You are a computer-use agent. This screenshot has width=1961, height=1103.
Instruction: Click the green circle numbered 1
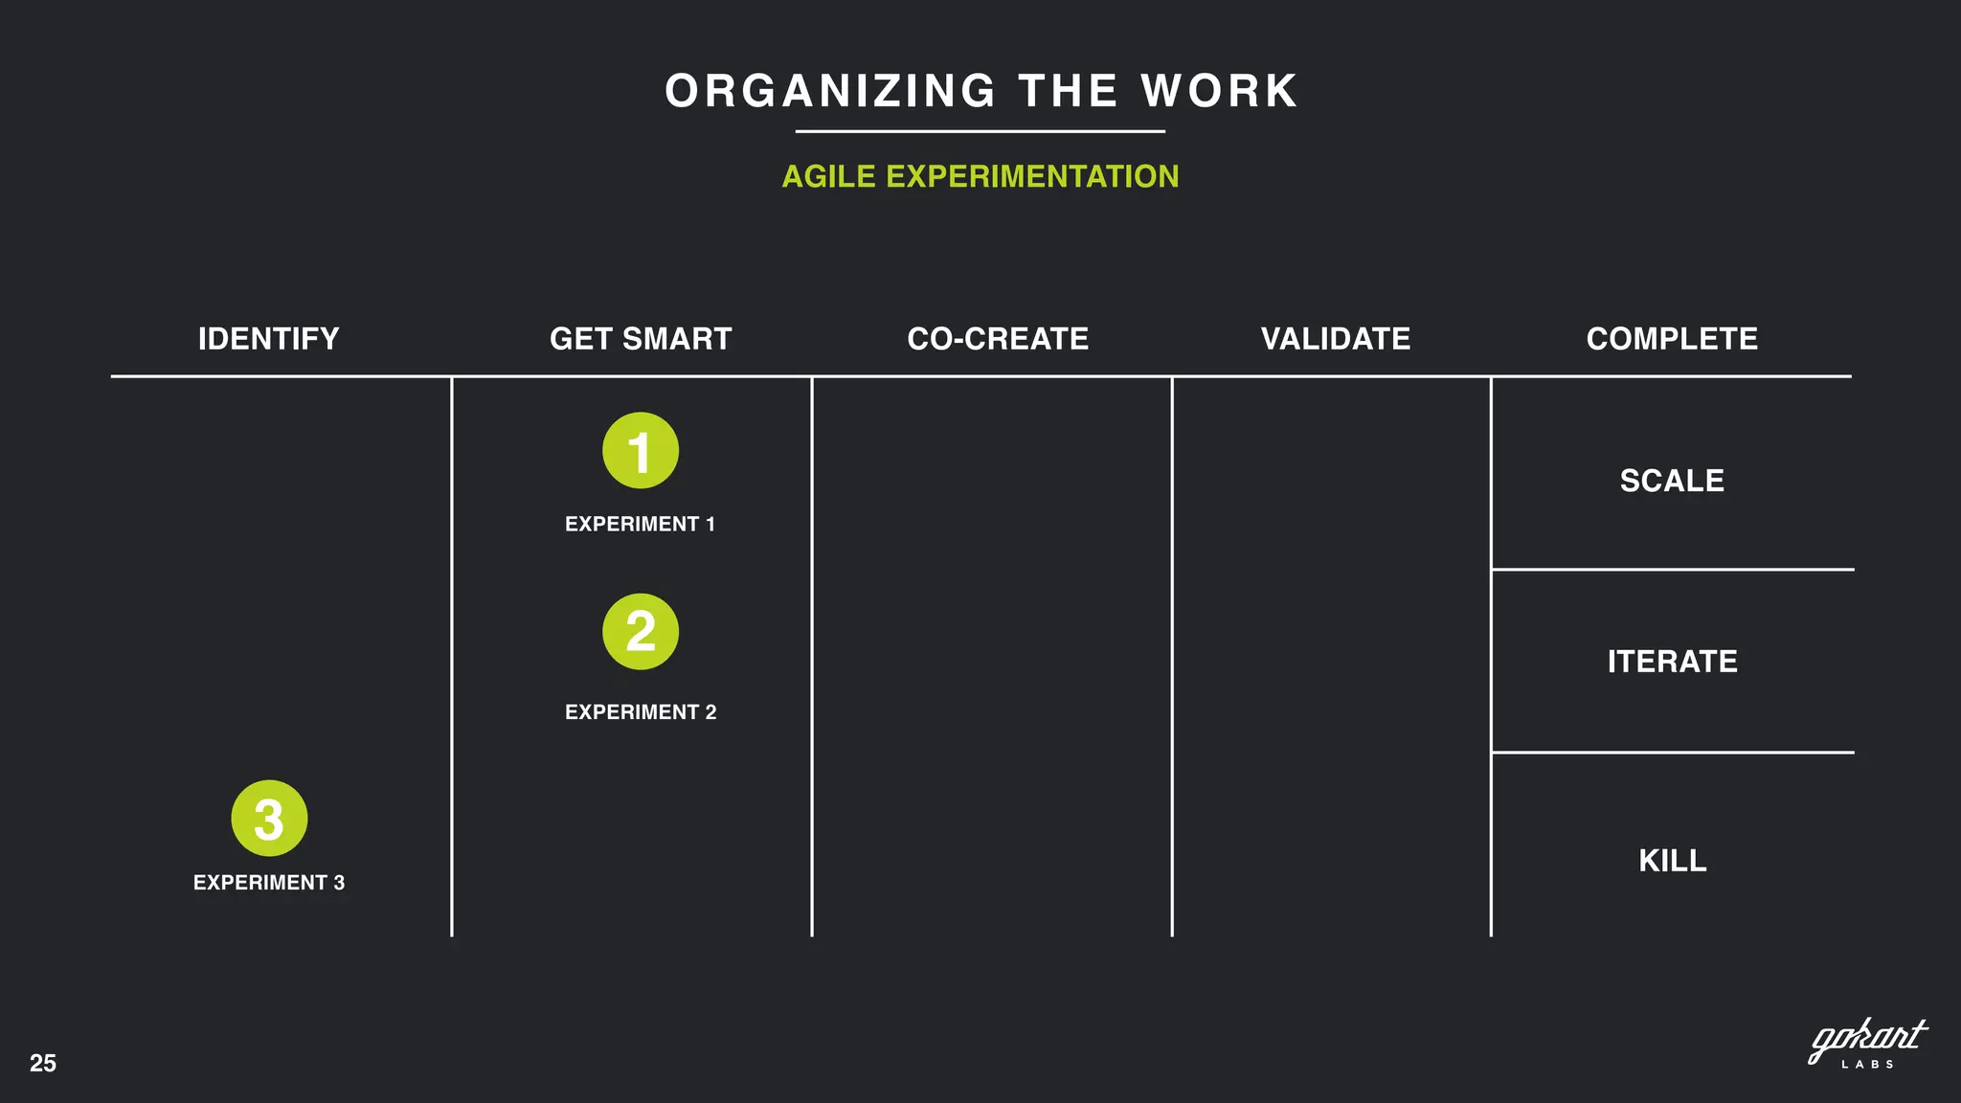pyautogui.click(x=641, y=451)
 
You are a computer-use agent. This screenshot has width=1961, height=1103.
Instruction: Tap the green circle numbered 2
pyautogui.click(x=641, y=632)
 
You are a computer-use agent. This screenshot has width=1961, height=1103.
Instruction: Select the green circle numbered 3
pyautogui.click(x=269, y=819)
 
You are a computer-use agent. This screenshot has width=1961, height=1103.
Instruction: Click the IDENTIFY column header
pyautogui.click(x=268, y=339)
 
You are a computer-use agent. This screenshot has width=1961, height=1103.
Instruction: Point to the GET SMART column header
pyautogui.click(x=641, y=339)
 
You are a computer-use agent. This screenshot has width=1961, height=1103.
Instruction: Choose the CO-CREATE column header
pyautogui.click(x=998, y=339)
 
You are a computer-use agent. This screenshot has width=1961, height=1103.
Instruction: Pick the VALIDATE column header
pyautogui.click(x=1336, y=339)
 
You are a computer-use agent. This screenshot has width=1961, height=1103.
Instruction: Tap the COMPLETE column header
pyautogui.click(x=1672, y=339)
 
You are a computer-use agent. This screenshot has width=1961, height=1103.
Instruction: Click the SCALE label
pyautogui.click(x=1672, y=481)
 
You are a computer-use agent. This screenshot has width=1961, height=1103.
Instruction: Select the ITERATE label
pyautogui.click(x=1672, y=662)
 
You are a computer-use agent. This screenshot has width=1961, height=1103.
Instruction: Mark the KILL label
pyautogui.click(x=1672, y=861)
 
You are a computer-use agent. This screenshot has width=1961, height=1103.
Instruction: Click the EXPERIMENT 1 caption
pyautogui.click(x=640, y=525)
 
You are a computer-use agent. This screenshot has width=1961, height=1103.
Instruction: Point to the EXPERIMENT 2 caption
pyautogui.click(x=641, y=712)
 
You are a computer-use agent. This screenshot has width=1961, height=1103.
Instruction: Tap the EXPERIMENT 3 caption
pyautogui.click(x=269, y=883)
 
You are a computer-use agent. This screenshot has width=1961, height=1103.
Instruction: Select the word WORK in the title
pyautogui.click(x=1219, y=92)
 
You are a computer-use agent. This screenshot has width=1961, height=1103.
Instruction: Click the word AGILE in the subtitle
pyautogui.click(x=829, y=177)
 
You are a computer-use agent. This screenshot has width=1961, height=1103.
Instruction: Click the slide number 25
pyautogui.click(x=43, y=1063)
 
